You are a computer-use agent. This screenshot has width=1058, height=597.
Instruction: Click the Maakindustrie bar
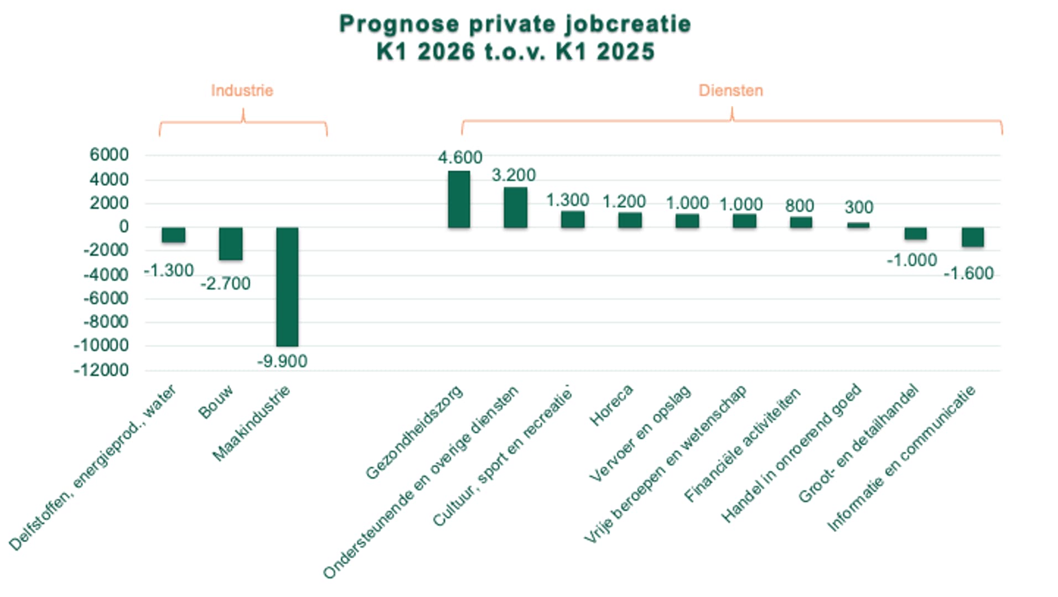pos(287,286)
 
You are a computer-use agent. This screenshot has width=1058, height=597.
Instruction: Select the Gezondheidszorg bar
pos(459,199)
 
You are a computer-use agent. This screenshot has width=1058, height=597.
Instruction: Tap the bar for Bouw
pos(230,243)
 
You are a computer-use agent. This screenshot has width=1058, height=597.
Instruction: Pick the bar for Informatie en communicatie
pos(972,237)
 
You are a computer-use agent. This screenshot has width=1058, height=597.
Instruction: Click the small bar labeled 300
pos(858,224)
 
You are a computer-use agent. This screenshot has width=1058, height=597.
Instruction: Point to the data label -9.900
pos(282,362)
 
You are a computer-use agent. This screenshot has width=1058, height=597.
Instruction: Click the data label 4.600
pos(460,158)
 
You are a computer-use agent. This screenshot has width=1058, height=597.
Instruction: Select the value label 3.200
pos(514,175)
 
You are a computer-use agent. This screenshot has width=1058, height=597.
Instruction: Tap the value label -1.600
pos(968,274)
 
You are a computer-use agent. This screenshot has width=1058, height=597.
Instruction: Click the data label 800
pos(800,206)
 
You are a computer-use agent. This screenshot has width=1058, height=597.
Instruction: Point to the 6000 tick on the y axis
pos(109,155)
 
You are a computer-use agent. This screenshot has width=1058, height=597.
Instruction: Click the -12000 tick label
pos(101,370)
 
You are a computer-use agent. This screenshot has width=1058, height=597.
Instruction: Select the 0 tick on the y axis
pos(123,227)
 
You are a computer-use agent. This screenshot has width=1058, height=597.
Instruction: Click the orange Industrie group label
pos(242,91)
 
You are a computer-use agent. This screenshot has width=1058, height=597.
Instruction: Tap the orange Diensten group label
pos(730,91)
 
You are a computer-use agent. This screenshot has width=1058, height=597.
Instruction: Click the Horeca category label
pos(611,406)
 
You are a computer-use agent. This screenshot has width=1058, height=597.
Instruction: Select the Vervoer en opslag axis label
pos(640,433)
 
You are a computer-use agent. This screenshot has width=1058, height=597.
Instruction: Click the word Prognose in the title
pos(398,24)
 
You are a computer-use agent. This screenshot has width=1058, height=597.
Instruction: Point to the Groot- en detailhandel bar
pos(915,233)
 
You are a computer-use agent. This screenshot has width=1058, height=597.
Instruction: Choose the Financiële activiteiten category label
pos(743,446)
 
